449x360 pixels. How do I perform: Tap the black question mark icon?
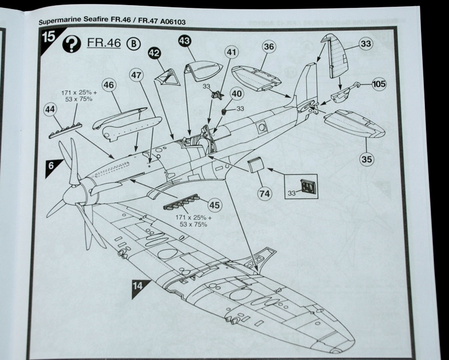click(71, 44)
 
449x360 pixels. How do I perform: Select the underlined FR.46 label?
click(105, 44)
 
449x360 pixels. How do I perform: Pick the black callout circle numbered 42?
click(155, 52)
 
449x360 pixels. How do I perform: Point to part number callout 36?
click(269, 47)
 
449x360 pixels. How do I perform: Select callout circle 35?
click(366, 159)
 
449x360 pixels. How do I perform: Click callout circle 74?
click(264, 193)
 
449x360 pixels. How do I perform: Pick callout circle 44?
click(51, 111)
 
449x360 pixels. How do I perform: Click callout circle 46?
click(109, 85)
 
